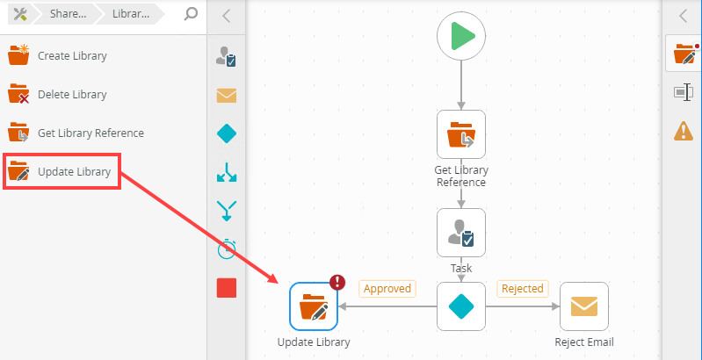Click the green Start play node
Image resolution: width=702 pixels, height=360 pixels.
(x=461, y=37)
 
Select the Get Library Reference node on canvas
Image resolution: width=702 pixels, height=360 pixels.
(x=461, y=134)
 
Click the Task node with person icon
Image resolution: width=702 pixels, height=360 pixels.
(x=461, y=233)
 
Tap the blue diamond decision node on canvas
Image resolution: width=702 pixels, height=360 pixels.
(x=461, y=306)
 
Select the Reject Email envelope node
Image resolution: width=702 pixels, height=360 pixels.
(x=584, y=306)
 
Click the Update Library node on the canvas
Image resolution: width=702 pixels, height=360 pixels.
(x=314, y=306)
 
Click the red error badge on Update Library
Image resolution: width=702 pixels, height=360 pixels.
(x=337, y=282)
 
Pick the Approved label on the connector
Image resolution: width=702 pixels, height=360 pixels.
(x=387, y=288)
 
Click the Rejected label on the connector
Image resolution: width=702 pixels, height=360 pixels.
(x=522, y=288)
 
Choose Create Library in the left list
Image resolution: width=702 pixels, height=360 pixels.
(x=72, y=55)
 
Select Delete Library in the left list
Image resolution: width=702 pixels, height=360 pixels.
(x=72, y=94)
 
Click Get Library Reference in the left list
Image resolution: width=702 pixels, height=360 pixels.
(x=90, y=133)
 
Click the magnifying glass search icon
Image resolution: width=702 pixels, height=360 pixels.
(x=191, y=15)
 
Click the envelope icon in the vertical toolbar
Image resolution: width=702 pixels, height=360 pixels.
(x=227, y=96)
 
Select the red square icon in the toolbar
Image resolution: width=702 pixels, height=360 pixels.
(x=227, y=287)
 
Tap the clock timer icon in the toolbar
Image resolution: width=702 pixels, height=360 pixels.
(x=227, y=248)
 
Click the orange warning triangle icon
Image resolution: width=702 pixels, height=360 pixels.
(x=683, y=131)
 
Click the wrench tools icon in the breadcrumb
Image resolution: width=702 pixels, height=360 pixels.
(x=17, y=15)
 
